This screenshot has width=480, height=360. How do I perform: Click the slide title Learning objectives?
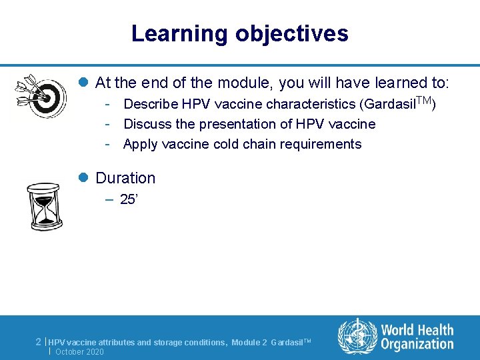point(239,33)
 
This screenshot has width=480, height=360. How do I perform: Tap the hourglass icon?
point(45,207)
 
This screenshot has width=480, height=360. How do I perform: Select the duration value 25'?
point(128,199)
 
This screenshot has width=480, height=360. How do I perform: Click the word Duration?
point(125,178)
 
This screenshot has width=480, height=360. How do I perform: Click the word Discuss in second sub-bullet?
point(145,124)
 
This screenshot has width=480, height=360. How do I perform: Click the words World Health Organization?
point(417,337)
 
